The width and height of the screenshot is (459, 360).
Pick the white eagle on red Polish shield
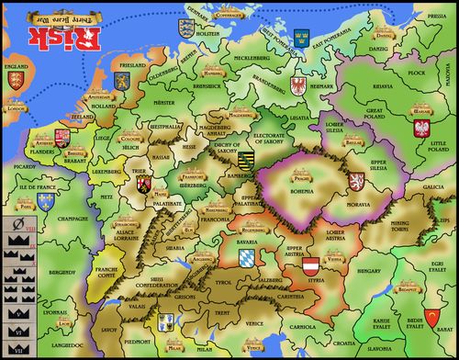point(423,127)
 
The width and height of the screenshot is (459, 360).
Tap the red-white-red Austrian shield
point(313,267)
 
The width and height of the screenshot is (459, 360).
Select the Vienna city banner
point(334,260)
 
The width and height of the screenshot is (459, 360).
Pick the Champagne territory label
point(61,220)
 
